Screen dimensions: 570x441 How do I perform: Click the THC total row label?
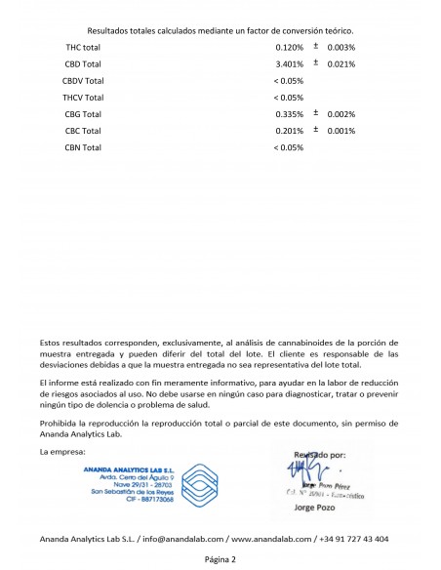pos(83,47)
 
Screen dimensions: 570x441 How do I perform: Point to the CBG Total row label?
pos(83,114)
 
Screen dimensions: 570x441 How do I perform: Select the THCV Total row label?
pos(84,98)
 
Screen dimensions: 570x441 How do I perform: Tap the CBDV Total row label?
pos(84,80)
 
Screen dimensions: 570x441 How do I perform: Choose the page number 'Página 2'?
pos(220,559)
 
